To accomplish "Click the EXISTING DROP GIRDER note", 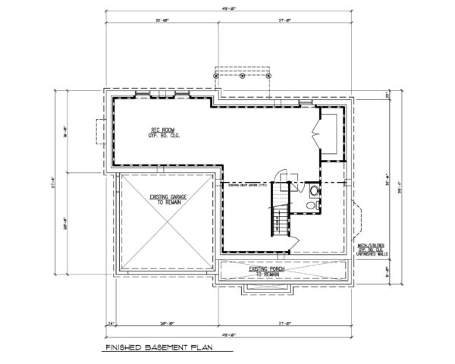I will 244,184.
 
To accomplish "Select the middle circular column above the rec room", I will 242,75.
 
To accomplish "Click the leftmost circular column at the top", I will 217,75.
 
